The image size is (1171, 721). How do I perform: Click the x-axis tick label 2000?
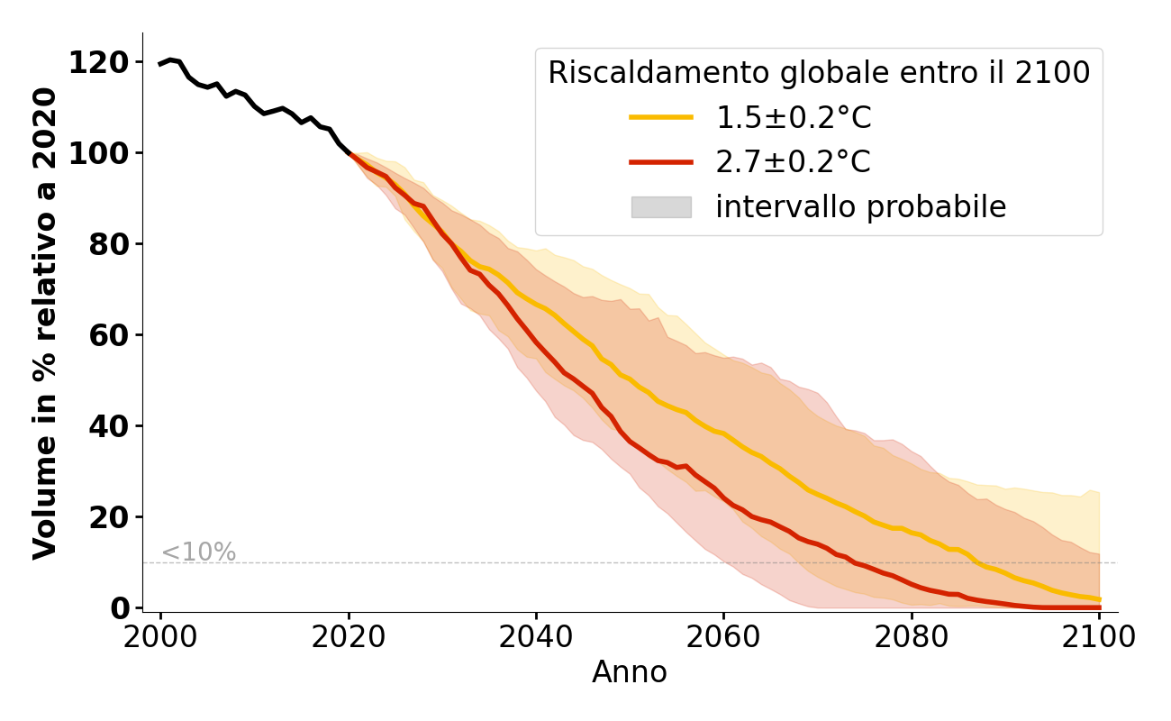click(161, 637)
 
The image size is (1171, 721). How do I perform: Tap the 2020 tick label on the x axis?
click(349, 637)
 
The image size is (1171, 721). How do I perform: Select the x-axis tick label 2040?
click(536, 637)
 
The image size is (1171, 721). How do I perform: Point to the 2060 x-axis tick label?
click(723, 637)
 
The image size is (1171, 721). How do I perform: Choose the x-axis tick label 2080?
click(911, 637)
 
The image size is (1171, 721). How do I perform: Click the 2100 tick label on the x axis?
click(1098, 637)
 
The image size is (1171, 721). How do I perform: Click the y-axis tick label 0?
click(120, 608)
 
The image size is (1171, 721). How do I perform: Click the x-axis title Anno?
click(630, 672)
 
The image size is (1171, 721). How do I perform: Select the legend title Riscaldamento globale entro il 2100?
click(819, 73)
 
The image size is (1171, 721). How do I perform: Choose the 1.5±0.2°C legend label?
click(794, 118)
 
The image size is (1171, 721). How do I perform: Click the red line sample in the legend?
click(660, 162)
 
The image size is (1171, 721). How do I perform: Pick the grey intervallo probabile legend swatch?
click(660, 207)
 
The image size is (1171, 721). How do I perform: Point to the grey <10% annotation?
click(198, 552)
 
